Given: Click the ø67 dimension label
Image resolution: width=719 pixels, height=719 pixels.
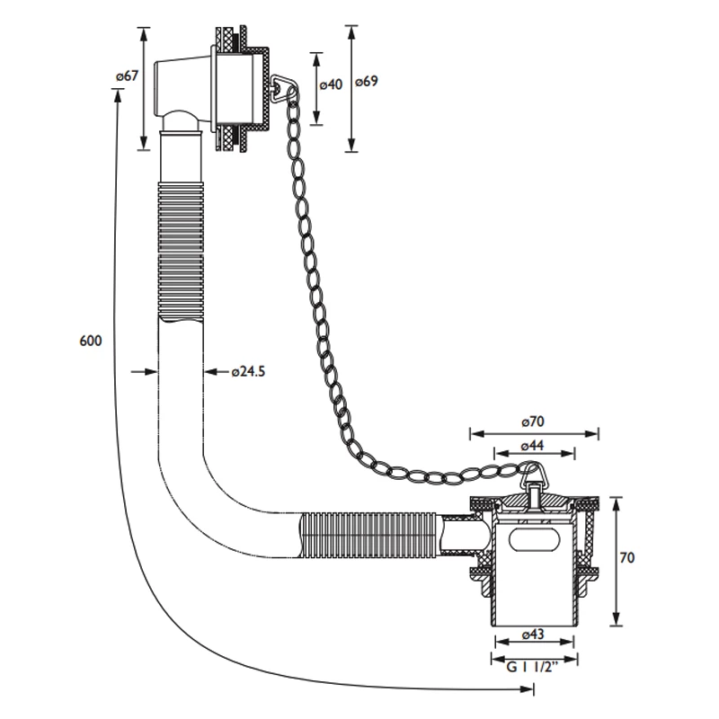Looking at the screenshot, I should point(127,77).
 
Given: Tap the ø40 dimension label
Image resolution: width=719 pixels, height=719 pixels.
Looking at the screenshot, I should point(331,84).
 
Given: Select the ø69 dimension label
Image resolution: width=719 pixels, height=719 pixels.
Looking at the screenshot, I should point(366,82).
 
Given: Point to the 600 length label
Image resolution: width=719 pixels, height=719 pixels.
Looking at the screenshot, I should point(90,341).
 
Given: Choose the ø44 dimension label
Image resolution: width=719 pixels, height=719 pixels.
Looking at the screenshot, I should point(536,446).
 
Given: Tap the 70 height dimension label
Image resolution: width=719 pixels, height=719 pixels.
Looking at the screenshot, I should point(627,558).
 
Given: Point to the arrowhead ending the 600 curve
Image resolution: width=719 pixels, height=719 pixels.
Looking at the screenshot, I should point(528,689).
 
